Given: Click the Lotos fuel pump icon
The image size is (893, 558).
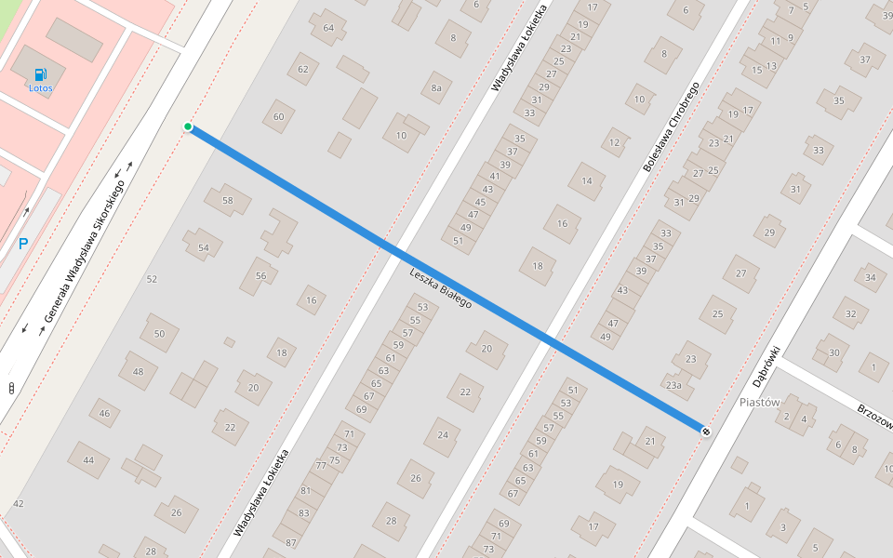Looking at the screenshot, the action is [39, 74].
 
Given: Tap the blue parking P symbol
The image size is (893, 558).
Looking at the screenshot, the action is [23, 245].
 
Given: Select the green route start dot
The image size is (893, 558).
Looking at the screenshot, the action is [188, 126].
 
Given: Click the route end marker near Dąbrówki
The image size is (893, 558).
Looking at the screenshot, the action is [706, 431].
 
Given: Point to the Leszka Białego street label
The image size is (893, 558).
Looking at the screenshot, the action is [441, 288].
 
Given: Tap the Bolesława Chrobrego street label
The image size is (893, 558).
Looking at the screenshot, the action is [670, 126].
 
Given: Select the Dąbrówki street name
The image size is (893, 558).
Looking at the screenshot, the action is [766, 366].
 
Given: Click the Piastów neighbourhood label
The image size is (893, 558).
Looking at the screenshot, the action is [759, 402].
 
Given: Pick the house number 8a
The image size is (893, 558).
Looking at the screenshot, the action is [435, 88].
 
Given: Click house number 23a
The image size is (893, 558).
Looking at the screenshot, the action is [673, 384].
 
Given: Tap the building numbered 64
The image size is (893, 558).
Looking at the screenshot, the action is [328, 28].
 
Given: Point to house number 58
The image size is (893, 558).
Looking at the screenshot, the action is [228, 200].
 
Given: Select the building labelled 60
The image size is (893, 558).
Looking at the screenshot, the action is [278, 116].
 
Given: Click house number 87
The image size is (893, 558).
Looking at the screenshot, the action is [291, 542].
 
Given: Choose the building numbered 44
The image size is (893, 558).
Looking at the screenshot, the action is [88, 459].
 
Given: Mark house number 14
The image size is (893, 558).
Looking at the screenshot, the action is [587, 181].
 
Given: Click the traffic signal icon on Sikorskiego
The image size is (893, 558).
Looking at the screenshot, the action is [11, 388].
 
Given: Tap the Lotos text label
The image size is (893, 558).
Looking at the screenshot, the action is [41, 89].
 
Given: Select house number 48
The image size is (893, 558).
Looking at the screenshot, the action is [139, 371].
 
